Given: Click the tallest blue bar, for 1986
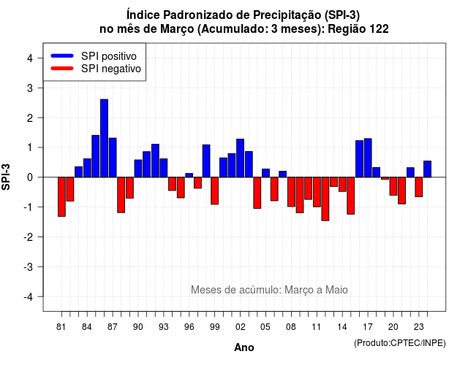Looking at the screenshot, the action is [x=104, y=138].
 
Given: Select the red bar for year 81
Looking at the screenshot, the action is [x=61, y=196].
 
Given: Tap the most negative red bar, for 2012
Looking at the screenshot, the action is [x=325, y=199].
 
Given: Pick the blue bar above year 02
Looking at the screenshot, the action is [x=241, y=158].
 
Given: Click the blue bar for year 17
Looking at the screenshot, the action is [x=368, y=158].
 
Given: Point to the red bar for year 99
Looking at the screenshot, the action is [x=214, y=191].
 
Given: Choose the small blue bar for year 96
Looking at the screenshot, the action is [x=189, y=175].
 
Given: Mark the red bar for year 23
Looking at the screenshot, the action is [x=419, y=187].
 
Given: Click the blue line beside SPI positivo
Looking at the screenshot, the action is [x=62, y=55].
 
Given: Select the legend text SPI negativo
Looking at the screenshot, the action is [x=110, y=69].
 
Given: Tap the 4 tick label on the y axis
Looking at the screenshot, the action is [x=30, y=58].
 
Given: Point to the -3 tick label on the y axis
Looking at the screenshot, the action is [x=28, y=266].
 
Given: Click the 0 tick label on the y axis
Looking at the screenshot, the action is [x=30, y=177].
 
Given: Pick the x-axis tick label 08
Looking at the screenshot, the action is [x=291, y=327].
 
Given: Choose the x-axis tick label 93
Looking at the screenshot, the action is [x=164, y=327].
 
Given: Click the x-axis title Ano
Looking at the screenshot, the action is [x=244, y=347].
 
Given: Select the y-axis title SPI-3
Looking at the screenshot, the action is [x=6, y=177].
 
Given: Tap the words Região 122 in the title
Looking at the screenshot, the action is [x=358, y=29].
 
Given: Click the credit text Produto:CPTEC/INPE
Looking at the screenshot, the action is [x=400, y=343].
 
